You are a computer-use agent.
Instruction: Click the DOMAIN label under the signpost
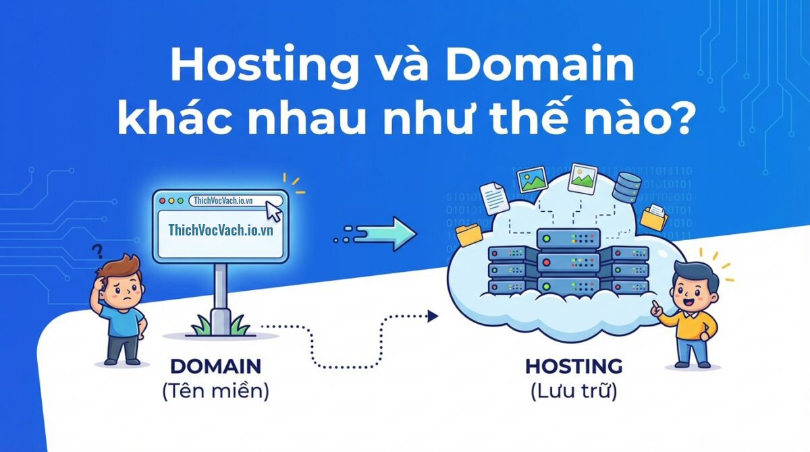[x=215, y=366]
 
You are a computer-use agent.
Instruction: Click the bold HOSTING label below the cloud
[x=574, y=366]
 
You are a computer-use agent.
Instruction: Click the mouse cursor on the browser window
[x=274, y=211]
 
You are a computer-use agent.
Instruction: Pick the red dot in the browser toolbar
[x=163, y=201]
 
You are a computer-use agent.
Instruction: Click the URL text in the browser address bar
[x=223, y=201]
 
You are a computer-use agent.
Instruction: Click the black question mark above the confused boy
[x=97, y=252]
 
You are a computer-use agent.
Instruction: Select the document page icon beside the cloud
[x=494, y=199]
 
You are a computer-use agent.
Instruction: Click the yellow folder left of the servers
[x=469, y=235]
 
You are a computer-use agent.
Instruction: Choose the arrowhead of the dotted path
[x=433, y=316]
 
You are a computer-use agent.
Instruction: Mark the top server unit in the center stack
[x=568, y=239]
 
